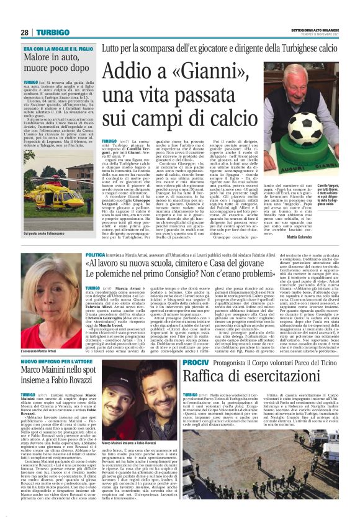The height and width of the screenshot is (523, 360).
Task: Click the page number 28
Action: coord(25,33)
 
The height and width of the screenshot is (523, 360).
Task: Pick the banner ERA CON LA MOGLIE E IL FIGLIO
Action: coord(58,48)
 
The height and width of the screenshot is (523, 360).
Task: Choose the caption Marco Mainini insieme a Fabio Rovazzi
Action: coord(127,443)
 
